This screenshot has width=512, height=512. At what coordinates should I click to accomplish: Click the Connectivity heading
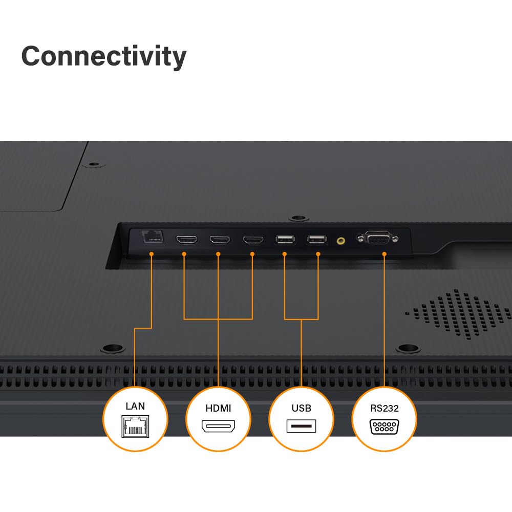[104, 56]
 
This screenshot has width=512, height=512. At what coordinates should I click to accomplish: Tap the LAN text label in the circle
[135, 406]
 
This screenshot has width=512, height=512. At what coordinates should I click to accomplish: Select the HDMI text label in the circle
[218, 408]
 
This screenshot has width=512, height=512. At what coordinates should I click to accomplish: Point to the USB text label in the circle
[301, 408]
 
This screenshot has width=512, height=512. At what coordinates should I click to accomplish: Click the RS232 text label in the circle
[385, 408]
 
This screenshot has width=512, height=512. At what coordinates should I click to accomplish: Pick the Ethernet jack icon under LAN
[135, 426]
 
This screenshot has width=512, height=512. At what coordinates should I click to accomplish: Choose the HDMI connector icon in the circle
[218, 426]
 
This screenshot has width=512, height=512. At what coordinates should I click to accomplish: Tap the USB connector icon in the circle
[301, 426]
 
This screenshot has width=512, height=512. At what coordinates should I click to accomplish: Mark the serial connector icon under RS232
[385, 427]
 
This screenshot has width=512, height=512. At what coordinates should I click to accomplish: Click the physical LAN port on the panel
[153, 237]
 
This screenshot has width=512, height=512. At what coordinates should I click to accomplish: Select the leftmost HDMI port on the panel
[186, 240]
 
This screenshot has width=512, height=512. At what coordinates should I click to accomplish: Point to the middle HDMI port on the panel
[220, 240]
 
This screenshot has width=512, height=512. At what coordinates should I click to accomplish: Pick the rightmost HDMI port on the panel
[253, 240]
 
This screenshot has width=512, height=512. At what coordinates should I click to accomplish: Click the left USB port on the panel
[285, 239]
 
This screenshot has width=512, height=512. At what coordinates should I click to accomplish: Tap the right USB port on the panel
[317, 239]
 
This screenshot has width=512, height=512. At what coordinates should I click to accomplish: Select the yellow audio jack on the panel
[340, 241]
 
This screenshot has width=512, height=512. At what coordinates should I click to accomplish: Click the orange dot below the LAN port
[151, 254]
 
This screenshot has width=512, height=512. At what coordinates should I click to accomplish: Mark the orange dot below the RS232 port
[384, 254]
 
